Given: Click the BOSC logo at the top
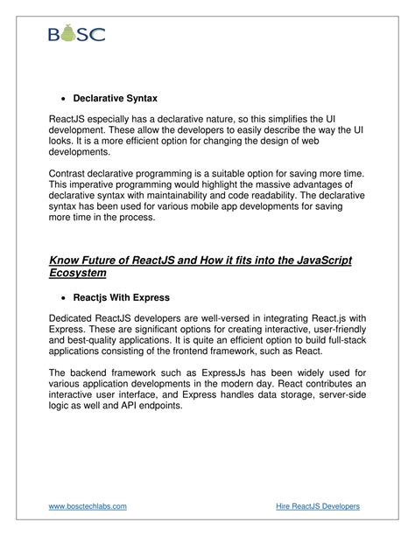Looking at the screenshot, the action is pyautogui.click(x=76, y=34).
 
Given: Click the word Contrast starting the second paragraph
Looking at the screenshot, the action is pyautogui.click(x=72, y=174).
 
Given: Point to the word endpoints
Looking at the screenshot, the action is pyautogui.click(x=157, y=407).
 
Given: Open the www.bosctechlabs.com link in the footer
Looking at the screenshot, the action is pyautogui.click(x=88, y=506).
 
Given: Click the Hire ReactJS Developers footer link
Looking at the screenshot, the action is pyautogui.click(x=317, y=506).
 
